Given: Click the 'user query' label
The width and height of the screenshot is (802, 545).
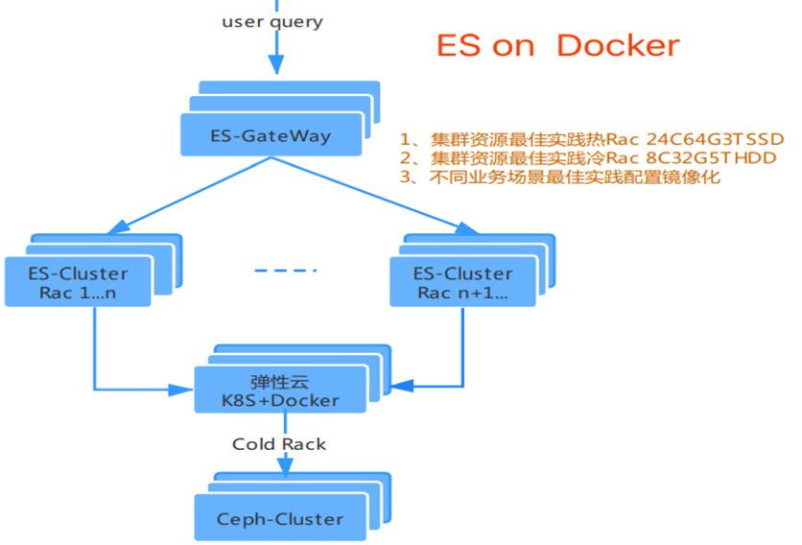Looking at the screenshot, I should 272,21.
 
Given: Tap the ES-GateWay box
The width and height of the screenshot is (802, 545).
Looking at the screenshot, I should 271,134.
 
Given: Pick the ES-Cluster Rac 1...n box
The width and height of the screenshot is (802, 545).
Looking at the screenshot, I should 78,282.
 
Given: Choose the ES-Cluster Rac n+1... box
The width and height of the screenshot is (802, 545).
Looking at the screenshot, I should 462,282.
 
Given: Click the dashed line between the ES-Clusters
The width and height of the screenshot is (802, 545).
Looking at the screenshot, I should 285,271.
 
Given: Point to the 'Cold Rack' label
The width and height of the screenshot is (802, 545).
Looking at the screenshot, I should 279,443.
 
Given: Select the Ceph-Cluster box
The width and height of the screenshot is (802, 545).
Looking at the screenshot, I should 279,518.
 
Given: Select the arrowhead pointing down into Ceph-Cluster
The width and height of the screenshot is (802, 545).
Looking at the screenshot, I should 283,467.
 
